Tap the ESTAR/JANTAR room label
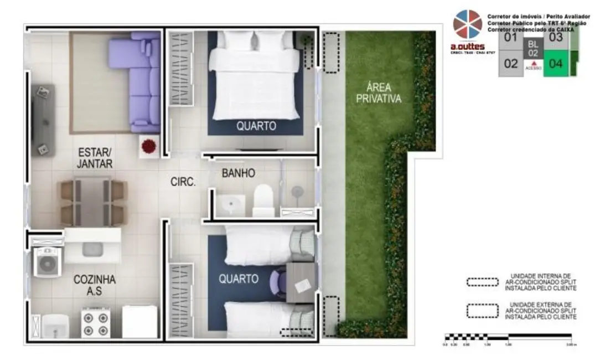pos(95,157)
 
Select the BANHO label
pos(238,173)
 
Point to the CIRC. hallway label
pos(182,181)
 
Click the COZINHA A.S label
pos(94,284)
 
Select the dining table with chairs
pos(93,202)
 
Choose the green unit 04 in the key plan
pos(556,64)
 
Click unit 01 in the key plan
pos(510,38)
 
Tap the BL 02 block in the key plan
pos(532,48)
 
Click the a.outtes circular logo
pos(468,24)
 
